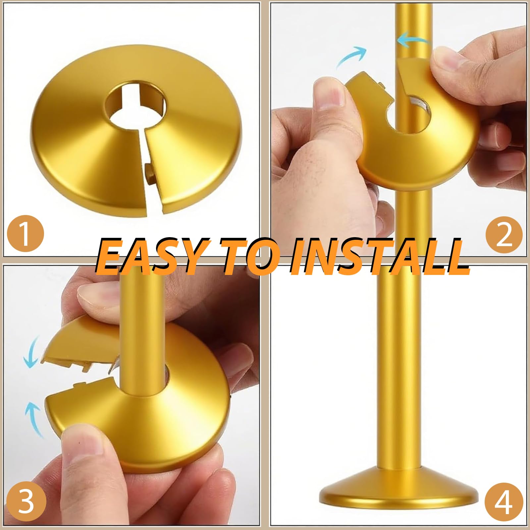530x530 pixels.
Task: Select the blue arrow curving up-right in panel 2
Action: click(352, 57)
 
